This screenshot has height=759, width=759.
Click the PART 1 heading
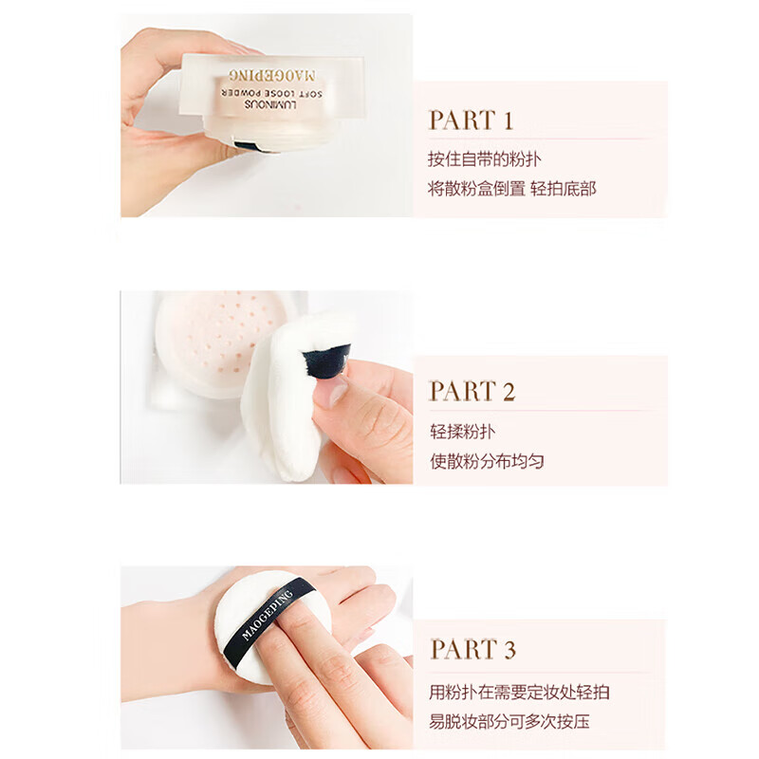(x=471, y=120)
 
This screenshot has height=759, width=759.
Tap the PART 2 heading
(x=472, y=391)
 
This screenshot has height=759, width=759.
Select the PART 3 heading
(x=472, y=649)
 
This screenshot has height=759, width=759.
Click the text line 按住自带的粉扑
(x=484, y=159)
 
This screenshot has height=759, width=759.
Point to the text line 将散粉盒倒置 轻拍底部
(x=512, y=189)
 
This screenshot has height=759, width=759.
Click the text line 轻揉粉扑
(x=463, y=432)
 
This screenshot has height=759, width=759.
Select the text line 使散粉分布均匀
(x=487, y=461)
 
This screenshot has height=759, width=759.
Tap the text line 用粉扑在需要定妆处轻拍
(x=519, y=693)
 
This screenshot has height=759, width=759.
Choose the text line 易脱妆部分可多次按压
(x=509, y=722)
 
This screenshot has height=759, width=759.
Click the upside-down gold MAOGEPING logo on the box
(x=272, y=75)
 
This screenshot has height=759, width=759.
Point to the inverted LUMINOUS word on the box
(x=270, y=104)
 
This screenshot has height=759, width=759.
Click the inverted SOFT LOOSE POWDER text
(x=271, y=93)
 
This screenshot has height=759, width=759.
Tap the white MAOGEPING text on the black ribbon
(x=268, y=615)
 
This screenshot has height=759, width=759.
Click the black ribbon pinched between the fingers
(x=326, y=361)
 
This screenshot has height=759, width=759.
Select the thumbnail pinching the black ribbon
(x=330, y=391)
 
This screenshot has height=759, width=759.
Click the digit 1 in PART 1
(x=508, y=120)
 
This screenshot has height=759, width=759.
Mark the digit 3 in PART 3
(x=509, y=650)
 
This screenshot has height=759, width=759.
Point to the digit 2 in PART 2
(x=509, y=392)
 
